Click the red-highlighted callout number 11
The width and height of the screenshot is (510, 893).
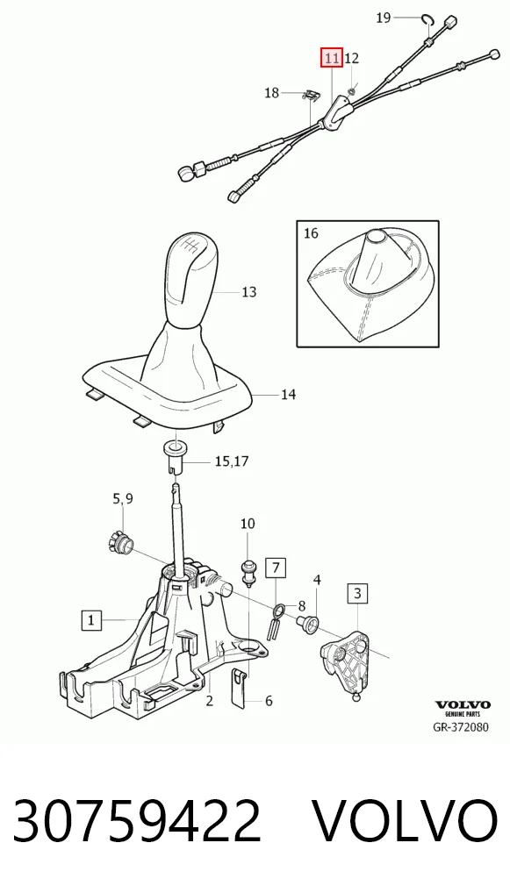click(332, 58)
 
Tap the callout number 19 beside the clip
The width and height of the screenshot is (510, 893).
click(384, 18)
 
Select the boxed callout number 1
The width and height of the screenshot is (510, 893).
click(91, 619)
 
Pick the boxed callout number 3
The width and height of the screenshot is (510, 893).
click(357, 594)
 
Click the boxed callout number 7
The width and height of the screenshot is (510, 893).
click(276, 568)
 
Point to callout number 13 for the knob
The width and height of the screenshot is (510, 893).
click(249, 292)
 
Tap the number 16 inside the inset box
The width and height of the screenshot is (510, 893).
click(311, 233)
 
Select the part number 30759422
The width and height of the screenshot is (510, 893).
click(137, 821)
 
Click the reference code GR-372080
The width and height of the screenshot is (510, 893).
click(461, 727)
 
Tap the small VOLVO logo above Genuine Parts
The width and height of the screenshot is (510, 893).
click(462, 705)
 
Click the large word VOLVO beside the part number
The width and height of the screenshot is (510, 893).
click(406, 821)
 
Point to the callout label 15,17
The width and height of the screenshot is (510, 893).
click(232, 461)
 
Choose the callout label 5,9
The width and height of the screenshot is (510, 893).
click(123, 499)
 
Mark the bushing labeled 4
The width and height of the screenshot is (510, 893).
click(309, 625)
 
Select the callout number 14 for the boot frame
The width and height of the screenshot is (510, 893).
click(288, 394)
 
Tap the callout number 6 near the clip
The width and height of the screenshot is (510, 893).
click(269, 701)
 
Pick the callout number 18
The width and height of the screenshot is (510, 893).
click(272, 92)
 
